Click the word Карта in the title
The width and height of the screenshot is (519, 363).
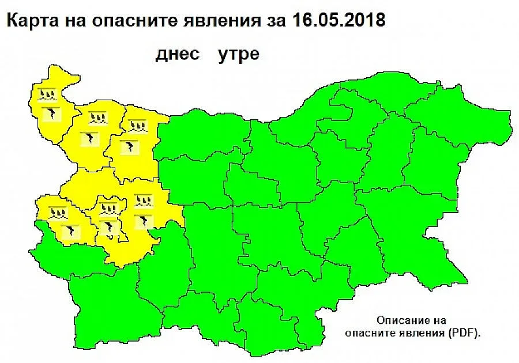(29, 22)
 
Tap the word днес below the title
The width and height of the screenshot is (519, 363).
(178, 54)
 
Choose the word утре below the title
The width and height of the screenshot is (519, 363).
(238, 55)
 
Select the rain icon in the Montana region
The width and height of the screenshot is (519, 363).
(95, 118)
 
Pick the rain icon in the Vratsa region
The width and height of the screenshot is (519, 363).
(136, 125)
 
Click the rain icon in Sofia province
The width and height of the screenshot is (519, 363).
(142, 201)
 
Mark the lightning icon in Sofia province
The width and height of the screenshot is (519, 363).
(142, 221)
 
